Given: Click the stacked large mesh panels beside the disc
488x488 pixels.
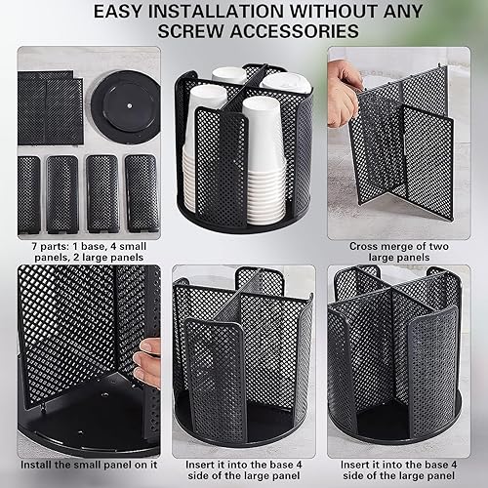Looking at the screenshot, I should (x=52, y=105).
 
